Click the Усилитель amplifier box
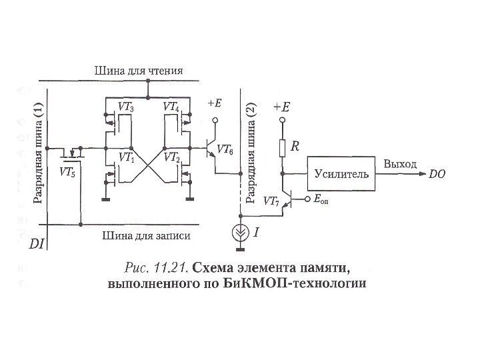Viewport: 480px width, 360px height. (340, 174)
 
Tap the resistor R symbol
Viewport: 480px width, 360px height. (281, 147)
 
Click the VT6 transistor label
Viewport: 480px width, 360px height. (225, 151)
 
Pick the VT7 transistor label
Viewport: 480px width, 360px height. (271, 200)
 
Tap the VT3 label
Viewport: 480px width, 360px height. (125, 107)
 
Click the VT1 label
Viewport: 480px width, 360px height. (125, 158)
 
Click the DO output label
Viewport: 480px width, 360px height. (437, 175)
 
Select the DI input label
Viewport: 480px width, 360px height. (37, 245)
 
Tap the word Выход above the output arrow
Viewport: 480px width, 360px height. (400, 164)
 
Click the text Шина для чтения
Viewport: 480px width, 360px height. (139, 71)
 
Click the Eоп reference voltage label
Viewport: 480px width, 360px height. (321, 200)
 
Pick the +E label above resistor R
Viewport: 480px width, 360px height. (281, 107)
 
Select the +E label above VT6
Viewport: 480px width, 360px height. (215, 103)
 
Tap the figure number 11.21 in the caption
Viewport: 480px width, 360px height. (171, 268)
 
